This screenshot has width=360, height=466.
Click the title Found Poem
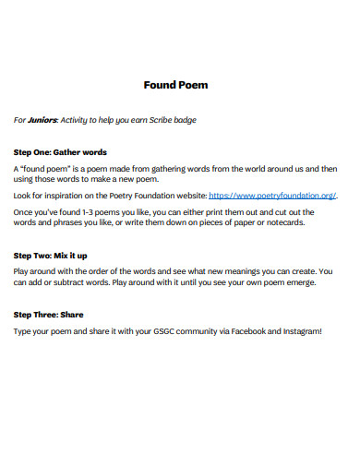click(175, 85)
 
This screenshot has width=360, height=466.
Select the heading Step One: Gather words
click(59, 151)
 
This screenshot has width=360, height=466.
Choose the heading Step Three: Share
click(50, 315)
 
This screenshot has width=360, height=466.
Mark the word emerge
click(300, 282)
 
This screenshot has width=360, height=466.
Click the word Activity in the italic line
click(77, 120)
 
